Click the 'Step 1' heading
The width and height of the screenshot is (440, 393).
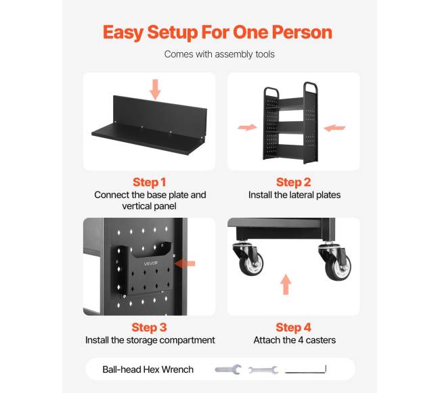[x=150, y=182]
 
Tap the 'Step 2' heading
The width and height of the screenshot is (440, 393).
[x=294, y=182]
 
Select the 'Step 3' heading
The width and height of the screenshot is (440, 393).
[x=150, y=327]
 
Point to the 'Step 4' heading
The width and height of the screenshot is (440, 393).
[x=294, y=327]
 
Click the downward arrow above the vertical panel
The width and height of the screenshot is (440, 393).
[x=155, y=89]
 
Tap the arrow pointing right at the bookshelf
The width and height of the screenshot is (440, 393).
[x=247, y=128]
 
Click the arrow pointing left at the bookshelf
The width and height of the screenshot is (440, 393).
[x=334, y=128]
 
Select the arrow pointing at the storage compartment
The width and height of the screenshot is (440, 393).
[x=184, y=264]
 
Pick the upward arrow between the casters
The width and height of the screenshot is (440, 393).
[x=286, y=284]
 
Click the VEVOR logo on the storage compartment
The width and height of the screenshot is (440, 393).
[x=151, y=263]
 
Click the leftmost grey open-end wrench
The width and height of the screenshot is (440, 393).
[x=228, y=370]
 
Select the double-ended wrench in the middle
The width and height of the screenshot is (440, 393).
[x=263, y=370]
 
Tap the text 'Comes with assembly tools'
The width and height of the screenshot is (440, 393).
[x=219, y=54]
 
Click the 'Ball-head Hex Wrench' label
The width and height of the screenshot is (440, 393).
[x=148, y=369]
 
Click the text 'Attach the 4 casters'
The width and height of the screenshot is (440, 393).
[x=294, y=340]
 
